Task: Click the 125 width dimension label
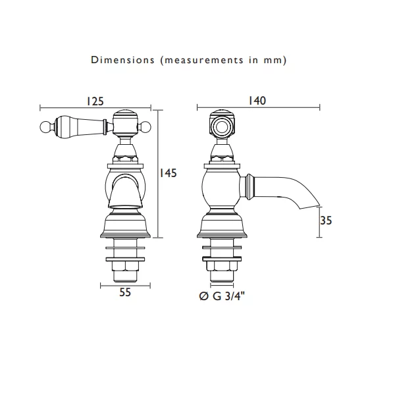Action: tap(95, 101)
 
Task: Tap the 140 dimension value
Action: tap(257, 101)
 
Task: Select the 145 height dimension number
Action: tap(169, 173)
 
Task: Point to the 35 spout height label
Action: tap(326, 221)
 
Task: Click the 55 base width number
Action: tap(125, 292)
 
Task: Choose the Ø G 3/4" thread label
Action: tap(222, 296)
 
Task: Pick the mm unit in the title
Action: tap(273, 61)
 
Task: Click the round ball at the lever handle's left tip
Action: tap(45, 126)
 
